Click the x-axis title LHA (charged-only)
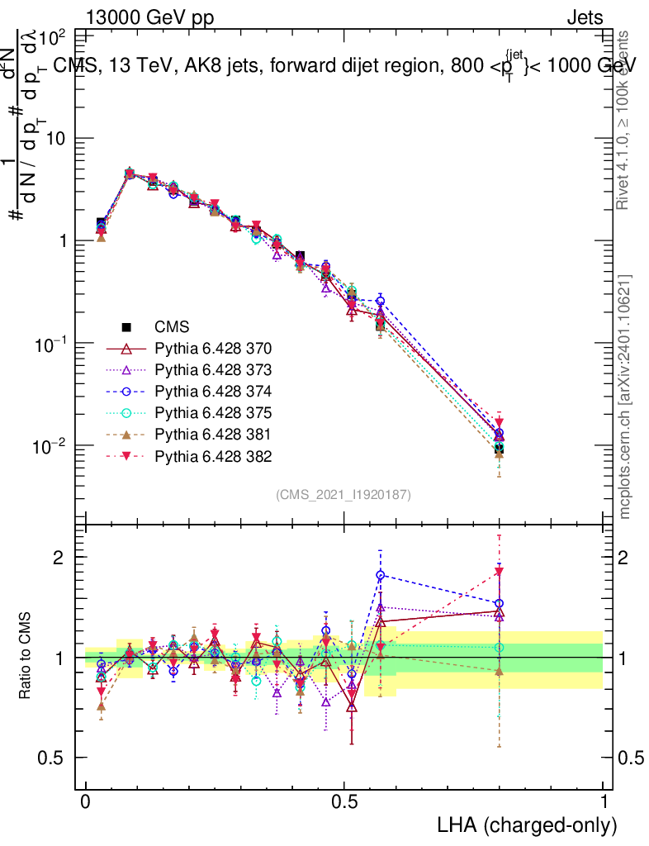pyautogui.click(x=527, y=825)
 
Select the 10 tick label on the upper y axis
pyautogui.click(x=55, y=139)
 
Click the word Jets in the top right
pyautogui.click(x=585, y=17)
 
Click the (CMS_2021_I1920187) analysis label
pyautogui.click(x=343, y=494)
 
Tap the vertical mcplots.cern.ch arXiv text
pyautogui.click(x=625, y=397)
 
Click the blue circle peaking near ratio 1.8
pyautogui.click(x=380, y=574)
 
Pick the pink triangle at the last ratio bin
pyautogui.click(x=499, y=572)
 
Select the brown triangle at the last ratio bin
pyautogui.click(x=499, y=671)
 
